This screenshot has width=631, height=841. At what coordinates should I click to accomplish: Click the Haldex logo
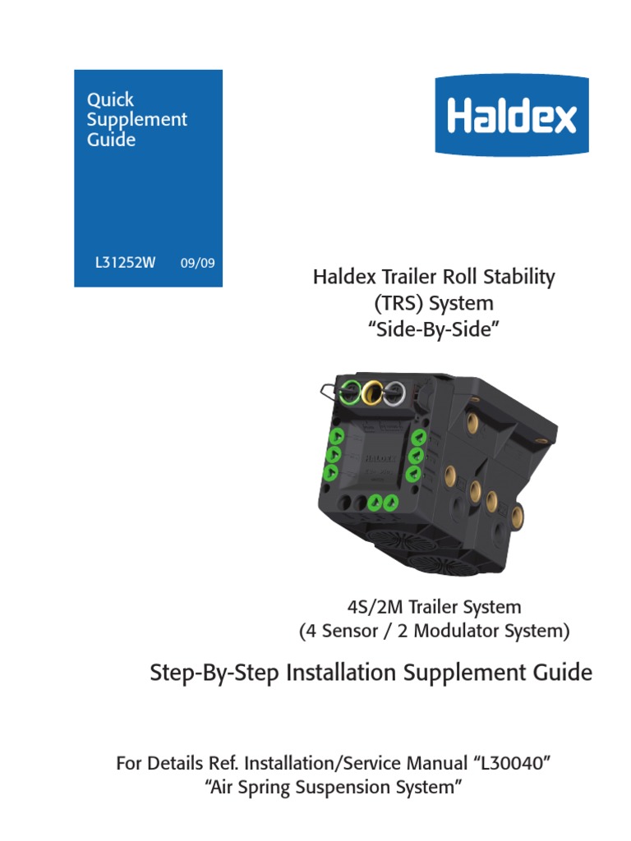point(511,116)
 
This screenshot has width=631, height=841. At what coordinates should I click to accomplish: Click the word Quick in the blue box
point(110,99)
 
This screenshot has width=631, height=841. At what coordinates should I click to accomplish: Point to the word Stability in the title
point(521,277)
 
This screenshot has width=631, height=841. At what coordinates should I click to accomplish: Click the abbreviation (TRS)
point(398,303)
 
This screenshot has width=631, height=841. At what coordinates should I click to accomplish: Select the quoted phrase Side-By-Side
point(434,329)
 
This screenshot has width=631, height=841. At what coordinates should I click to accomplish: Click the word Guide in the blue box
point(111,140)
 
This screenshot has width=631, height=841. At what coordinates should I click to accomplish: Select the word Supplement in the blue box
point(136,120)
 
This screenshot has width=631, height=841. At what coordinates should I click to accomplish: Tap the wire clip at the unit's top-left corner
point(327,389)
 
